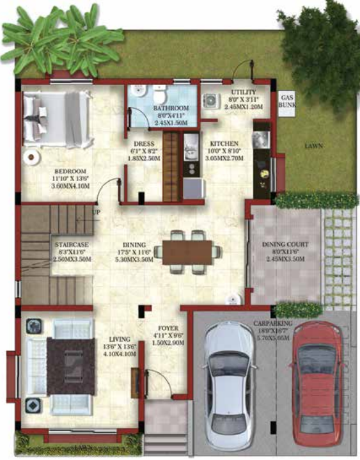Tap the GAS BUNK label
tap(286, 104)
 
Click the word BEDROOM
tap(70, 171)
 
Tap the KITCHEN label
tap(224, 144)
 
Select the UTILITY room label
tap(243, 92)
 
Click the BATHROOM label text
tap(171, 108)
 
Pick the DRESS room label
tap(145, 144)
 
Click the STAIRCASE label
tap(72, 244)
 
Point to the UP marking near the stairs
tap(97, 212)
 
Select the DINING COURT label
tap(286, 244)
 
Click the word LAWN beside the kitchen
tap(313, 146)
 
